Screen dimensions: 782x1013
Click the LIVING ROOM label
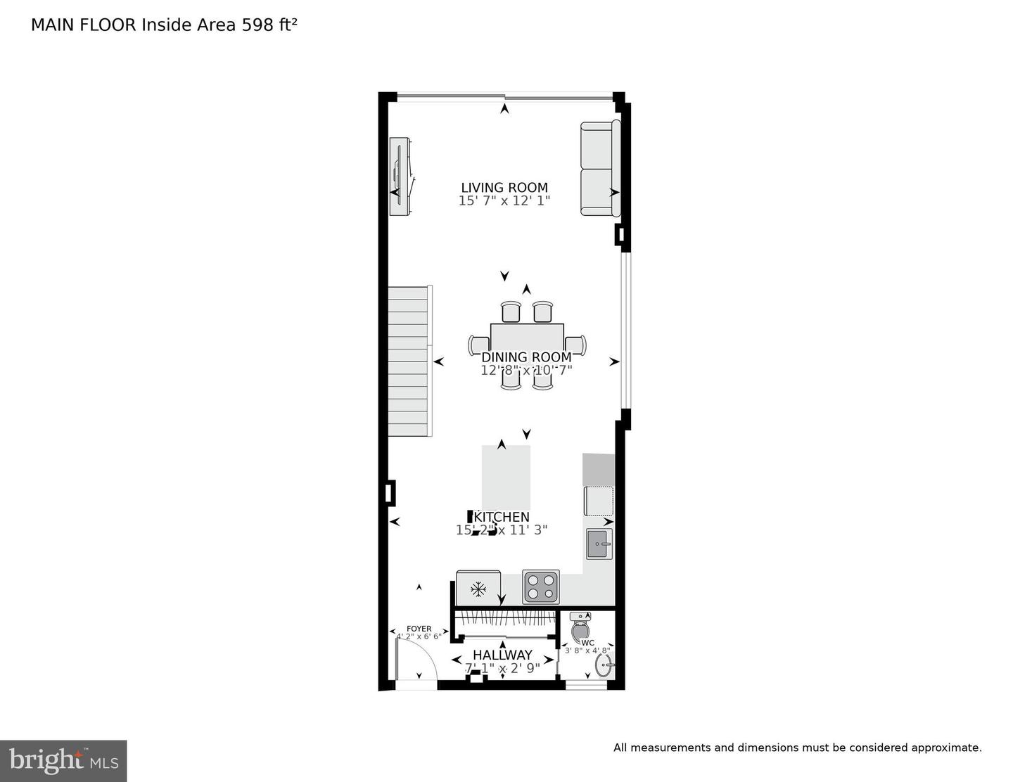[x=504, y=188]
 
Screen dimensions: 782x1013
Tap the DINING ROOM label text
[x=525, y=357]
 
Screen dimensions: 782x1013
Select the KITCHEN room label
[x=504, y=518]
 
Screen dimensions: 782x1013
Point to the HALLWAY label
[x=502, y=655]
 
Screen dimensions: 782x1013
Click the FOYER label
[x=419, y=629]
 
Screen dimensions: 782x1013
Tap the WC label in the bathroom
[x=587, y=642]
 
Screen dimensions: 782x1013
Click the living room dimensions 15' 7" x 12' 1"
[x=504, y=200]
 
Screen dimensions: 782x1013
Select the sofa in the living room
[x=599, y=168]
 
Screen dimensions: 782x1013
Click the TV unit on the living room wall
[x=402, y=177]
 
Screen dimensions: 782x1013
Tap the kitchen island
[x=505, y=477]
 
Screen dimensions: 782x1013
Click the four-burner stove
[x=540, y=586]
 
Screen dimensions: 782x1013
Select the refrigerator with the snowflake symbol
[x=478, y=588]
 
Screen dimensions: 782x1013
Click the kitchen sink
[x=599, y=544]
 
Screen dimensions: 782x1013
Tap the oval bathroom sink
[x=603, y=665]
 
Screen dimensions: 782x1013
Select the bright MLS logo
[x=63, y=760]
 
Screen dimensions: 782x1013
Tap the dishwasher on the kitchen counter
[x=599, y=501]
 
